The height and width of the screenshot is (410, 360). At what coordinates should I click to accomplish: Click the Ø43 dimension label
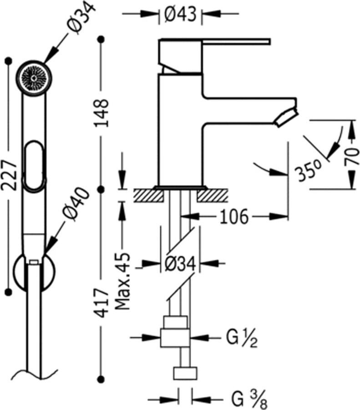(180, 14)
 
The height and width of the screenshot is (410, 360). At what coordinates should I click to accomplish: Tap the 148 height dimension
(101, 113)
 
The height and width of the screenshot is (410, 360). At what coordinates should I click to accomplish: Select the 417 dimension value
(101, 303)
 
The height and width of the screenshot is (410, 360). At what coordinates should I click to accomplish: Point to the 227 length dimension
(9, 175)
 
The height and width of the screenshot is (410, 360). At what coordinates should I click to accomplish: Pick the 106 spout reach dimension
(233, 216)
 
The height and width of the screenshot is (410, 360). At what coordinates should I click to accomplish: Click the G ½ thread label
(242, 338)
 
